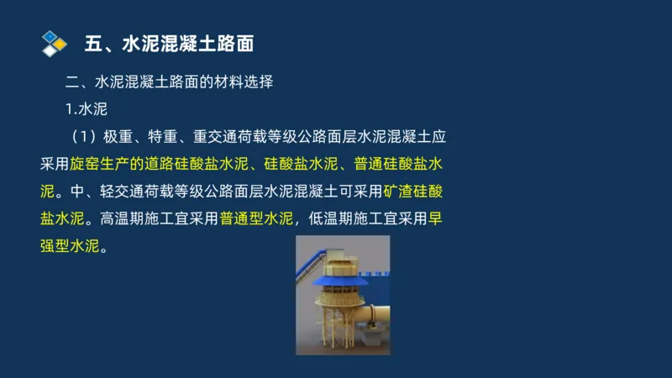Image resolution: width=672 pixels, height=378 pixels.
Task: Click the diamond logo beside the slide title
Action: (54, 43)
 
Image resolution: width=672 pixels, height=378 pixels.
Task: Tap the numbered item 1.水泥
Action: (87, 110)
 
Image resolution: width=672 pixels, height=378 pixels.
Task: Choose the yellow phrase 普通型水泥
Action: (256, 219)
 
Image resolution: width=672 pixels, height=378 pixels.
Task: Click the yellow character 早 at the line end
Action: (435, 219)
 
